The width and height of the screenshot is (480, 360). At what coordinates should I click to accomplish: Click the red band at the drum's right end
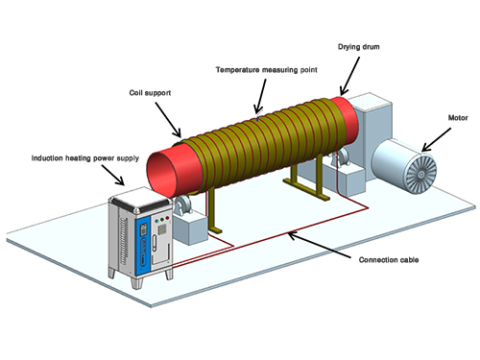pos(343,122)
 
